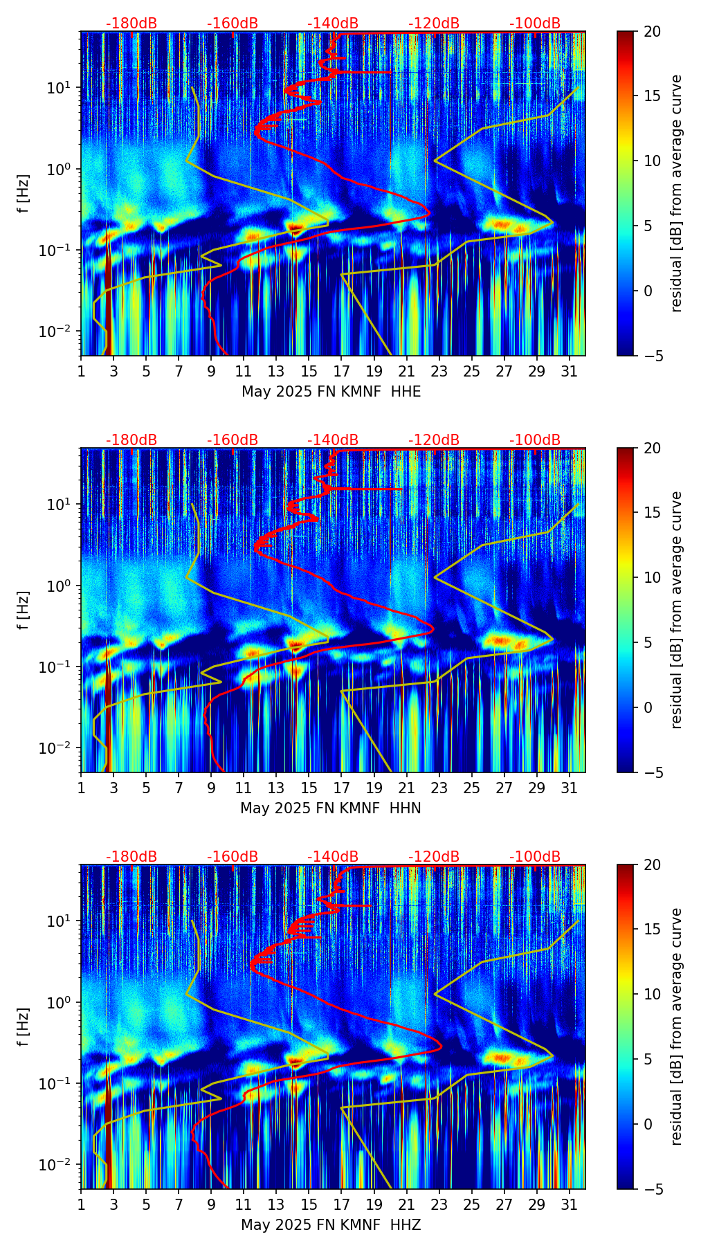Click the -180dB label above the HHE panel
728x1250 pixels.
(131, 24)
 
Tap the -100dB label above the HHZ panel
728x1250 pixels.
(535, 857)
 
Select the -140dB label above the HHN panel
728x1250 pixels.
(333, 440)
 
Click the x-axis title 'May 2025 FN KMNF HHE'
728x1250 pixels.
(331, 392)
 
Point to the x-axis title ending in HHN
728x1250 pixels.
(331, 808)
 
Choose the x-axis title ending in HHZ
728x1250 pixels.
(331, 1225)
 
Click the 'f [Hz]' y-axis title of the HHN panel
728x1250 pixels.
(24, 610)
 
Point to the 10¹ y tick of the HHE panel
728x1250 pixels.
(63, 88)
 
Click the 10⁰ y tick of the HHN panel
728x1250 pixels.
(63, 586)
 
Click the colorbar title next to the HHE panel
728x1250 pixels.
(677, 193)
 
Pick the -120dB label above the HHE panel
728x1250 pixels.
(434, 24)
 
